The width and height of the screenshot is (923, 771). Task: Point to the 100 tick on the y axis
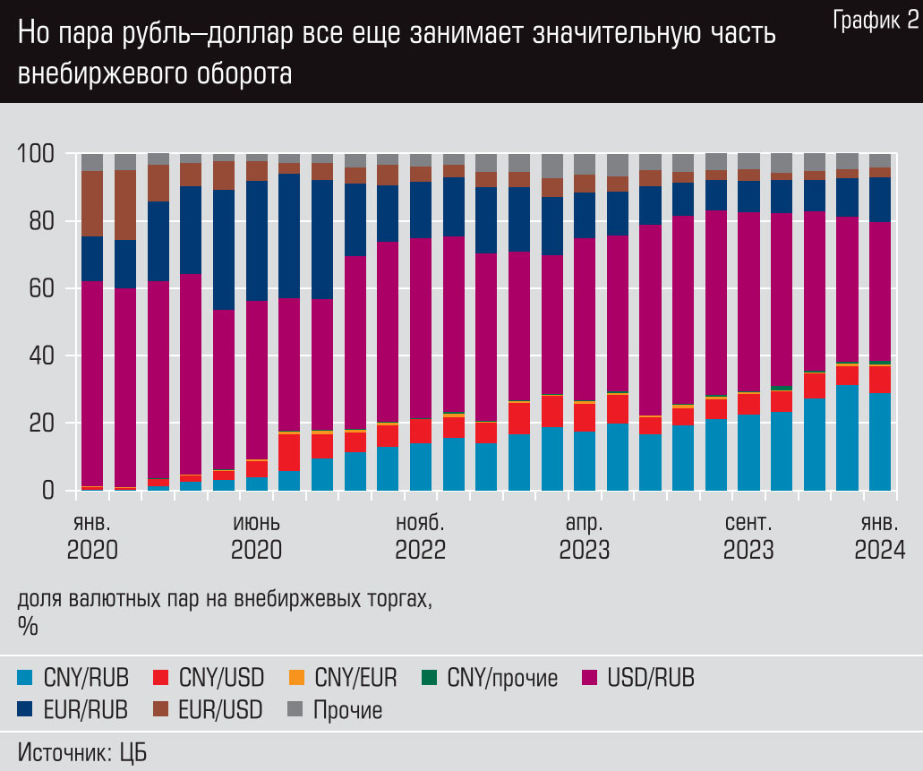point(36,154)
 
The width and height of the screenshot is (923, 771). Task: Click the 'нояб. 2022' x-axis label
point(420,535)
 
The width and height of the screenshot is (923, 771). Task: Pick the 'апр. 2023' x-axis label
point(585,535)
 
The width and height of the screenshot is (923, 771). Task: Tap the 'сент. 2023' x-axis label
point(748,535)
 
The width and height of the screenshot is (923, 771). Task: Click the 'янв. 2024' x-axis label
point(879,535)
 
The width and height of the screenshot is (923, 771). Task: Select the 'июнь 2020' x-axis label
point(256,535)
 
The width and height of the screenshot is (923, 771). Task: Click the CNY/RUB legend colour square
point(26,677)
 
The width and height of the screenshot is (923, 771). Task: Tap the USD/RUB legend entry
point(638,678)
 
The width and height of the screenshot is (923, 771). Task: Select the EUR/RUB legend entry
point(73,710)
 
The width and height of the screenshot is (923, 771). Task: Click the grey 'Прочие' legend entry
point(335,710)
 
